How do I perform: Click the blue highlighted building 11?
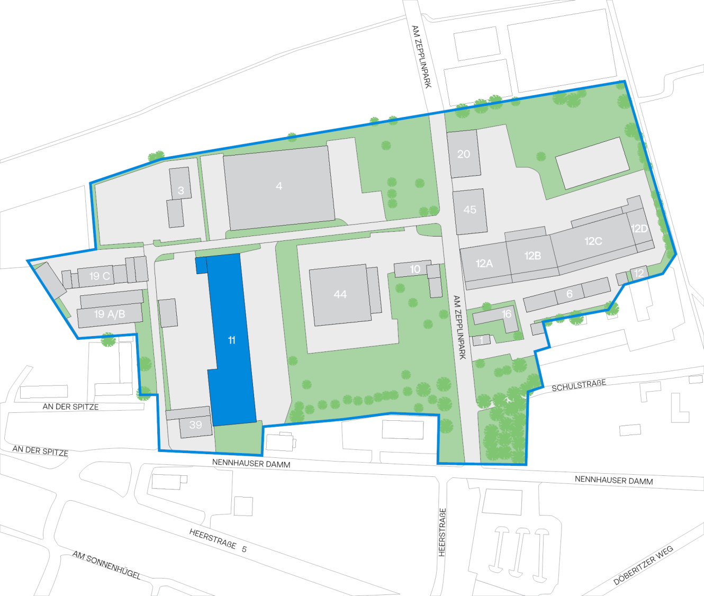tap(231, 340)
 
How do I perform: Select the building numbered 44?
tap(340, 294)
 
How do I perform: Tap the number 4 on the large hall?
tap(279, 186)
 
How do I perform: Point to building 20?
tap(464, 154)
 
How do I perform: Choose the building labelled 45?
tap(470, 210)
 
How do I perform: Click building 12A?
tap(484, 264)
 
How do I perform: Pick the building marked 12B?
tap(532, 256)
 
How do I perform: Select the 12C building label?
tap(593, 241)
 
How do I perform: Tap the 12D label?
tap(639, 229)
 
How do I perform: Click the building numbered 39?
tap(196, 425)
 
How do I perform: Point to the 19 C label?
tap(100, 276)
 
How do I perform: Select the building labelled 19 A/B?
tap(110, 314)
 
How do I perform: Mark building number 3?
tap(181, 191)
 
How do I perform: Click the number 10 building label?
tap(415, 269)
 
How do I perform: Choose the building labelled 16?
tap(507, 314)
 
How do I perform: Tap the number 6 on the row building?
tap(570, 294)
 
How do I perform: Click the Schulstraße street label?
tap(579, 385)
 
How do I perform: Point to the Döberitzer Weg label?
tap(643, 565)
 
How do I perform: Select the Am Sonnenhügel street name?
tap(106, 565)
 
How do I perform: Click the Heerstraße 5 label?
tap(218, 540)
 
